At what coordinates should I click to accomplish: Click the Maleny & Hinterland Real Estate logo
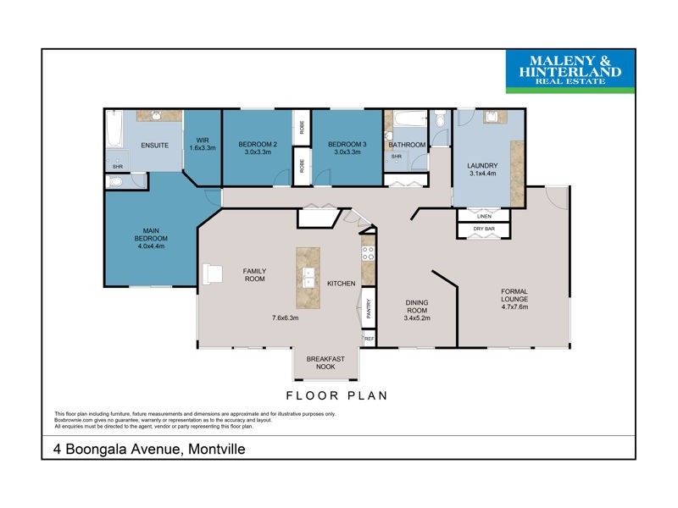pyautogui.click(x=570, y=71)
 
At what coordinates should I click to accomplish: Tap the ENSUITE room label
pyautogui.click(x=154, y=145)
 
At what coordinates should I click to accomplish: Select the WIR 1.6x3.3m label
pyautogui.click(x=203, y=144)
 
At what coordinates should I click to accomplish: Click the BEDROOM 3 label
pyautogui.click(x=347, y=148)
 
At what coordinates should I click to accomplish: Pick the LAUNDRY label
pyautogui.click(x=482, y=169)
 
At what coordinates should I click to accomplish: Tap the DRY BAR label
pyautogui.click(x=484, y=229)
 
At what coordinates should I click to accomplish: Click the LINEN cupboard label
pyautogui.click(x=484, y=216)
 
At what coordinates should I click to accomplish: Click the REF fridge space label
pyautogui.click(x=369, y=339)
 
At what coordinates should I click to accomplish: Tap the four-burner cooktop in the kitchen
pyautogui.click(x=368, y=253)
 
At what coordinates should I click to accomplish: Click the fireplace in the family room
pyautogui.click(x=210, y=273)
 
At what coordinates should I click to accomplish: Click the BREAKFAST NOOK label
pyautogui.click(x=325, y=363)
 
